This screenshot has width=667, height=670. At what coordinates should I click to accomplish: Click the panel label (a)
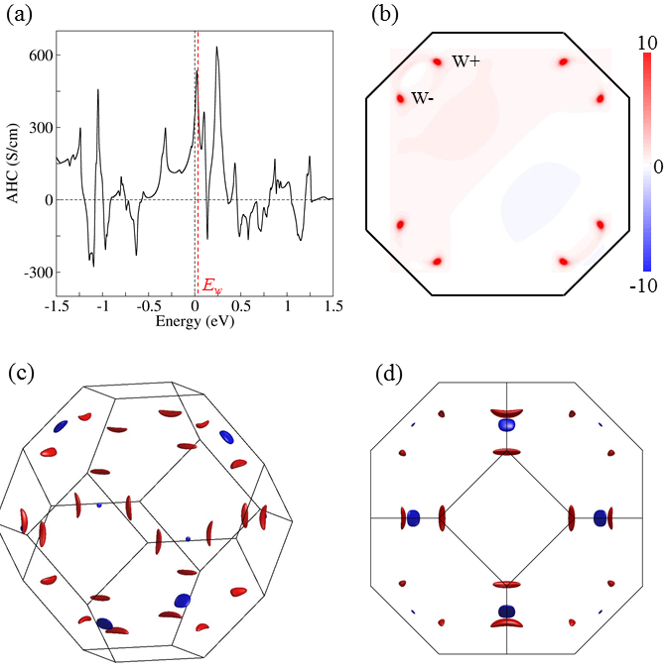pyautogui.click(x=22, y=15)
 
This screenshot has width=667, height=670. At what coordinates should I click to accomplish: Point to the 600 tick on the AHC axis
pyautogui.click(x=38, y=56)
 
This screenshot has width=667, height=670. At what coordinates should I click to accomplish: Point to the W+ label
pyautogui.click(x=466, y=61)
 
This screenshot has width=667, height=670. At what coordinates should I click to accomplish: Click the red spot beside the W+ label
pyautogui.click(x=436, y=61)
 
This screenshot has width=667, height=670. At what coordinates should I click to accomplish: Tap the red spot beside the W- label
pyautogui.click(x=401, y=98)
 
